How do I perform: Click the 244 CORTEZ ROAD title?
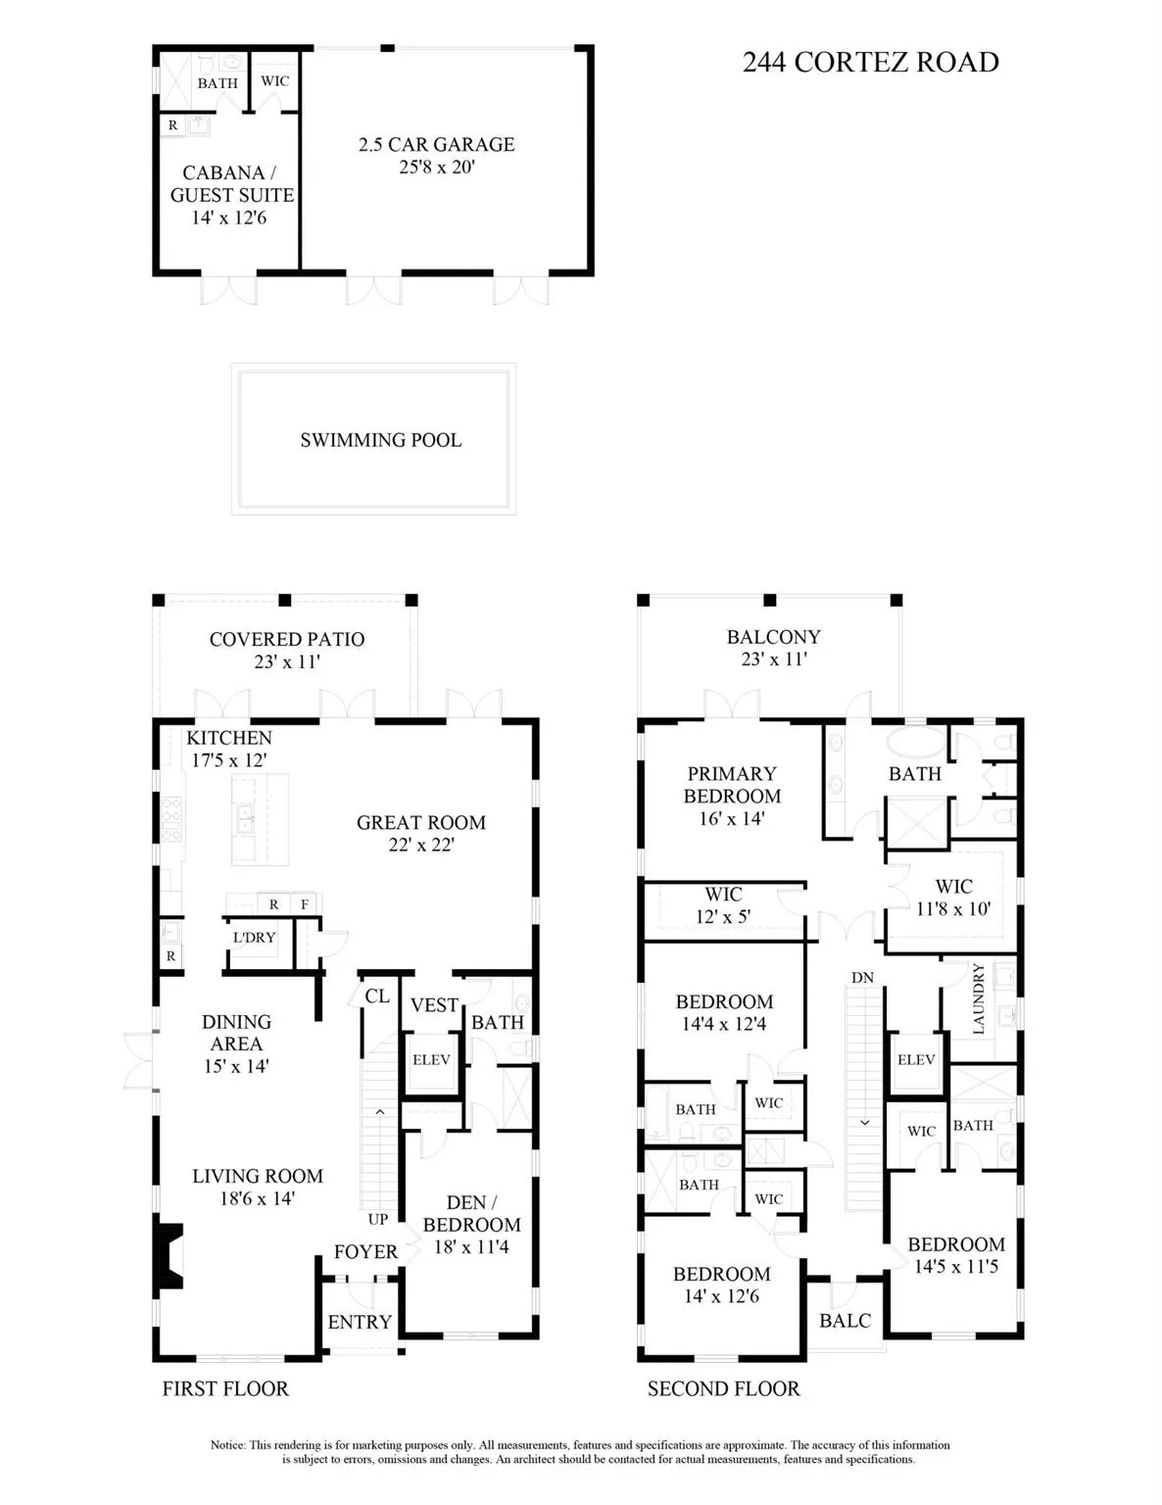point(870,63)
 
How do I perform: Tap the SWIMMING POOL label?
point(381,440)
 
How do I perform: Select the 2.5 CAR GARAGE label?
point(436,144)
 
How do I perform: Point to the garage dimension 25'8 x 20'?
point(436,167)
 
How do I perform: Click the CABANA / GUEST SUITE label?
point(232,183)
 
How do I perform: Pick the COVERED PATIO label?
point(287,639)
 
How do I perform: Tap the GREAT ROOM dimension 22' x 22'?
point(421,845)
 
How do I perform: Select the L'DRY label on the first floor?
point(254,937)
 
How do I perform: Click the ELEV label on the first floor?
point(431,1059)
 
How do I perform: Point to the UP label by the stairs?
point(377,1219)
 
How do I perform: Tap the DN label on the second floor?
point(862,977)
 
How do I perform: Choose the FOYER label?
point(365,1251)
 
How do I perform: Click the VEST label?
point(434,1005)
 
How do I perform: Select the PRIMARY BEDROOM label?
point(732,785)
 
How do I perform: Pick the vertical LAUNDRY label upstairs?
point(979,998)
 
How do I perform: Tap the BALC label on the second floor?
point(845,1320)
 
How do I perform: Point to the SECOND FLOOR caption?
point(724,1388)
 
